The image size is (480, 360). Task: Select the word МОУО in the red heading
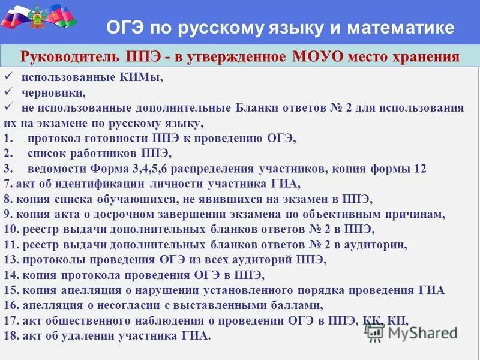point(320,57)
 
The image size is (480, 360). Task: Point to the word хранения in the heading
point(428,57)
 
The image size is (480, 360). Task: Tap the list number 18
point(10,336)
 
